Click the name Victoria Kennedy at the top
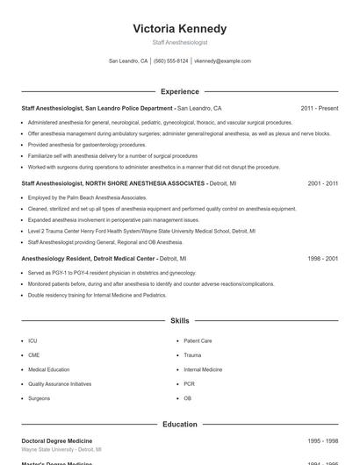(179, 28)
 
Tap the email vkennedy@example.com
(222, 61)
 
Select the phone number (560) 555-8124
(170, 61)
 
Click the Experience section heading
(179, 91)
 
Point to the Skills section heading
(179, 321)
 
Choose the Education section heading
(179, 424)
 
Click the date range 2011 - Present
(319, 109)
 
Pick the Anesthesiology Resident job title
(88, 260)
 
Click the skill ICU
(32, 340)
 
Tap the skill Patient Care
(198, 340)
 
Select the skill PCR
(189, 383)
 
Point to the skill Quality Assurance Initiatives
(59, 383)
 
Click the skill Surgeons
(39, 398)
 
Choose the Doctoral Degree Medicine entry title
(56, 440)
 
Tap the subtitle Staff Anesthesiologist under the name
(179, 42)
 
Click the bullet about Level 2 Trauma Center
(140, 231)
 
